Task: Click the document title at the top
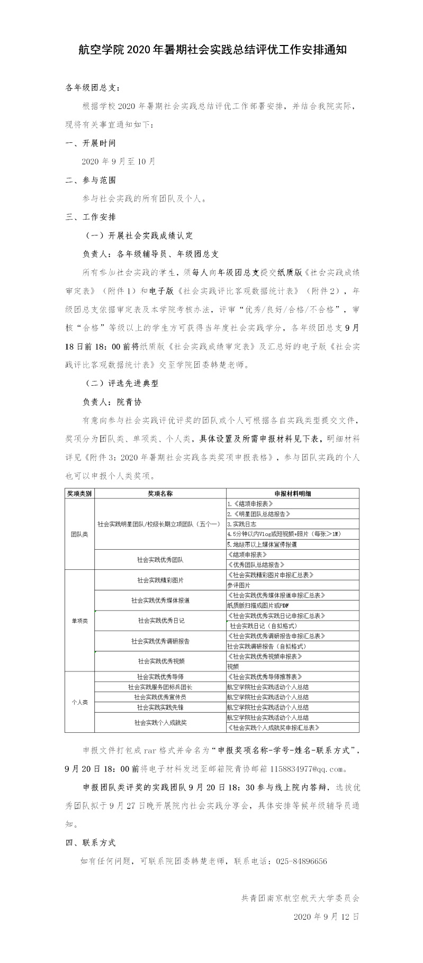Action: click(x=212, y=50)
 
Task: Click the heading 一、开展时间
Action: click(x=90, y=143)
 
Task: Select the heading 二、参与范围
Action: click(x=90, y=180)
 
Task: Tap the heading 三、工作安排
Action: click(x=90, y=216)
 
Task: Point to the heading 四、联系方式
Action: click(x=90, y=842)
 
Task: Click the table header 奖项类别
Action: click(x=79, y=493)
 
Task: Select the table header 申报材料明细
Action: click(x=292, y=493)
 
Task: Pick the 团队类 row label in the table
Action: click(x=79, y=534)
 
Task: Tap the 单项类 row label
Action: click(x=79, y=621)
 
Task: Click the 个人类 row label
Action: click(x=79, y=702)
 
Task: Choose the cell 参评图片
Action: click(x=238, y=585)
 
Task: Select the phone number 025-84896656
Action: click(x=301, y=861)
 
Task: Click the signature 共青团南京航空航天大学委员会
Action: click(x=300, y=898)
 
